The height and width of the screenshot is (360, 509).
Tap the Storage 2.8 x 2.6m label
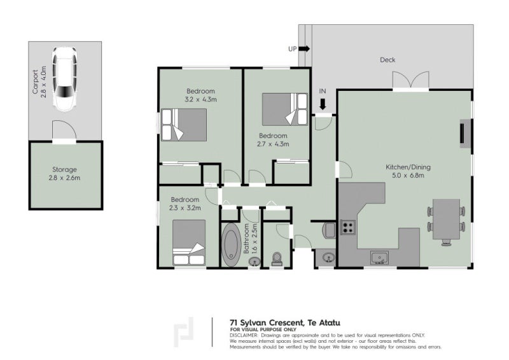pos(65,174)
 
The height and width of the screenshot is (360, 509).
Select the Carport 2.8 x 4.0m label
pos(39,78)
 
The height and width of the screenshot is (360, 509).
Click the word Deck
pos(387,60)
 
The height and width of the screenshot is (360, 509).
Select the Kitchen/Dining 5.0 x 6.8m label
pos(408,171)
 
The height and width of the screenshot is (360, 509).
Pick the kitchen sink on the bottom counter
pos(380,258)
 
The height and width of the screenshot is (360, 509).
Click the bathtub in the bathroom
pos(230,244)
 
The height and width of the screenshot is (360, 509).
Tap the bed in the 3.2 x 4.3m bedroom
pos(185,124)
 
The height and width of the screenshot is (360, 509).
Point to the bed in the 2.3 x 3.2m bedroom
pos(189,242)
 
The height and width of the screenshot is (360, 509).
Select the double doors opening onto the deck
pos(411,81)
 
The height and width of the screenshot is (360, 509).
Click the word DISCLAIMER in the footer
pos(244,335)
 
